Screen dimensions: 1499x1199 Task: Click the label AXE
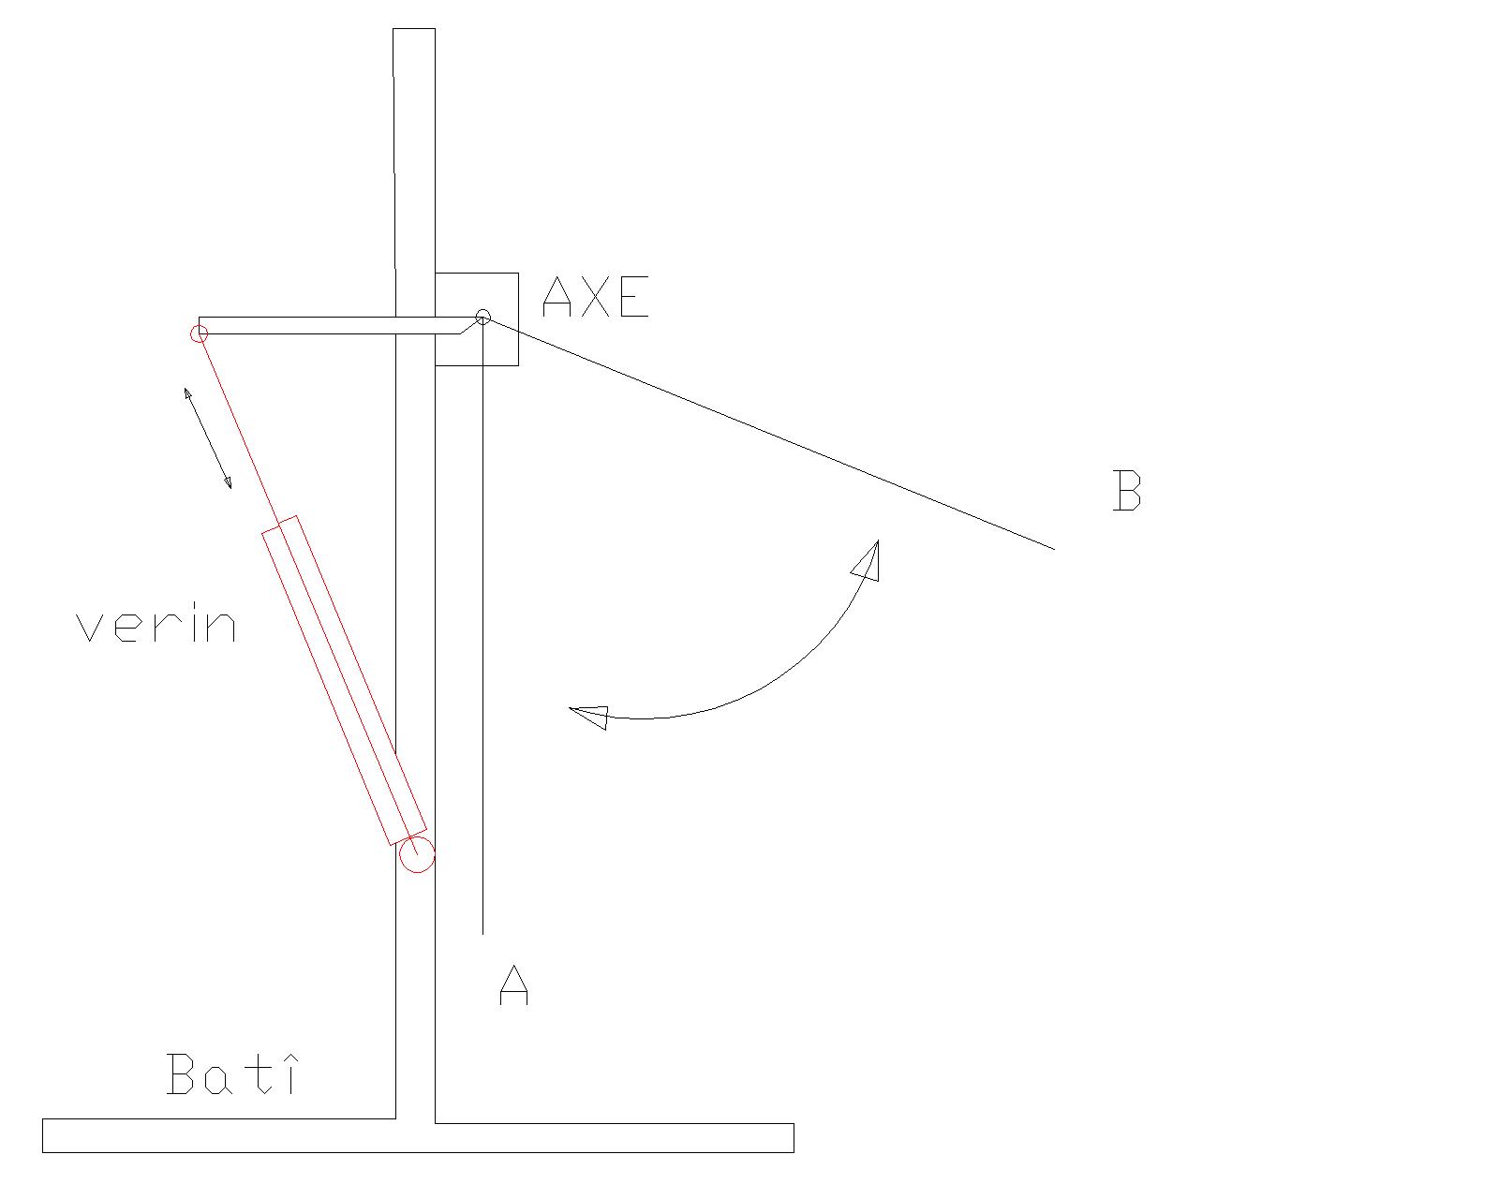(x=596, y=297)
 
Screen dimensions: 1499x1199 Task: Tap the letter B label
(x=1126, y=491)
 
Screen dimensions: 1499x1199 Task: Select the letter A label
(x=514, y=984)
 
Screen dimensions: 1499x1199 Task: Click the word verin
(x=156, y=625)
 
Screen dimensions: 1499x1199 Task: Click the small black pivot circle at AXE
(x=482, y=318)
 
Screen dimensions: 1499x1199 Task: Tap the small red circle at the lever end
(x=200, y=334)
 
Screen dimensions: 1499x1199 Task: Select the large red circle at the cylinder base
(x=417, y=855)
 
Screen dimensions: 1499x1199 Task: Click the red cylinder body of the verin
(x=344, y=680)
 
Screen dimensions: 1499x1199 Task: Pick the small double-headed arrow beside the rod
(x=208, y=438)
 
